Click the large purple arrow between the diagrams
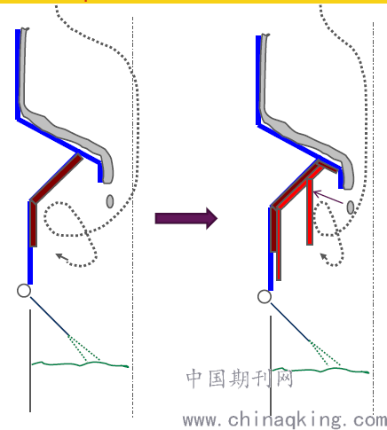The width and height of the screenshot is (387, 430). click(186, 218)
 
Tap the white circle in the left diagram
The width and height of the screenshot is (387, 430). click(24, 291)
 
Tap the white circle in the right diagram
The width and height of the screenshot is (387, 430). click(265, 297)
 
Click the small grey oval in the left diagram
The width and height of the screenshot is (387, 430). click(110, 201)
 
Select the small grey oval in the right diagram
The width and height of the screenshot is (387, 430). click(351, 207)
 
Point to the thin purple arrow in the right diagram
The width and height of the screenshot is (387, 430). click(328, 198)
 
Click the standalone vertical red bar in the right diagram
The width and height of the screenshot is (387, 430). click(310, 212)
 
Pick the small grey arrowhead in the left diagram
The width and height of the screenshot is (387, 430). click(61, 256)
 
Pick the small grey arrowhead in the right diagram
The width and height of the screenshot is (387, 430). click(325, 256)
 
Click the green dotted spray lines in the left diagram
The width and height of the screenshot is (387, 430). click(83, 348)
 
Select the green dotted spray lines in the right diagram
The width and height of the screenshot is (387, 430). click(324, 354)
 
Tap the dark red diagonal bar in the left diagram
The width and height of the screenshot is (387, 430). click(57, 178)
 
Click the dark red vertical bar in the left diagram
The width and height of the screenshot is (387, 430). click(33, 224)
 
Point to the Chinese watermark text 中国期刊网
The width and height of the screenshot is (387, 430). click(240, 379)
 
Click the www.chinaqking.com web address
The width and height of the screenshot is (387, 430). click(285, 420)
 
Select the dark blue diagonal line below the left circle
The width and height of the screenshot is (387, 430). click(50, 317)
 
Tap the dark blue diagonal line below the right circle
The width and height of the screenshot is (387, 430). click(290, 322)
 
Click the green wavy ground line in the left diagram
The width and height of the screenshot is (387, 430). click(80, 364)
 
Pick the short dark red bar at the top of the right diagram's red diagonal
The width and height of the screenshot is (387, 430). click(327, 167)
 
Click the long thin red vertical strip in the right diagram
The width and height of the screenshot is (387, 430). click(279, 245)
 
